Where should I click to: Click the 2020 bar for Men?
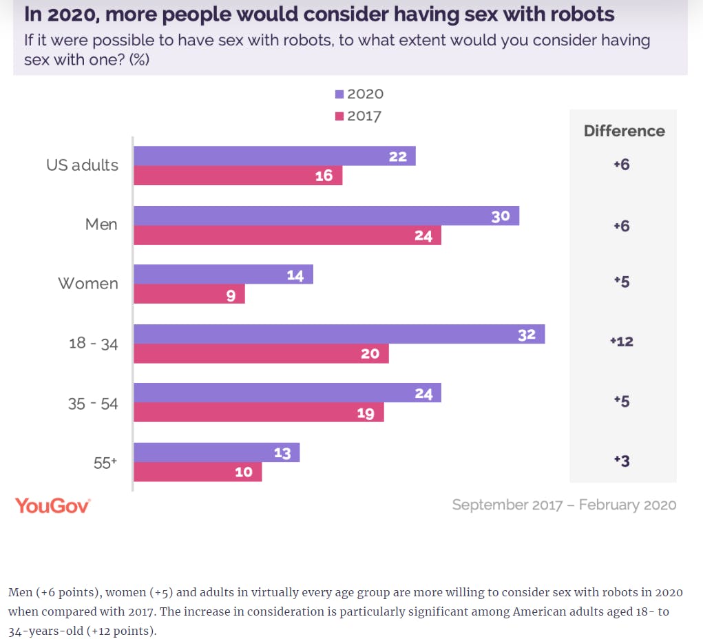click(x=326, y=216)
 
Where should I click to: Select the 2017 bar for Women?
click(x=189, y=295)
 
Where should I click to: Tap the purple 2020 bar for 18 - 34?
click(x=339, y=335)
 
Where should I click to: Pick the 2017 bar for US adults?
click(x=238, y=176)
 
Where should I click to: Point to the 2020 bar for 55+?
click(x=216, y=452)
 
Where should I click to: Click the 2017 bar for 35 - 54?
click(x=258, y=412)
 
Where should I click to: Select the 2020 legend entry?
click(x=359, y=94)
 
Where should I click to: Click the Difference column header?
click(x=624, y=131)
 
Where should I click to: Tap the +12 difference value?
click(x=622, y=342)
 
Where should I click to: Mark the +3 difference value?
click(x=622, y=461)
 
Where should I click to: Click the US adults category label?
click(x=82, y=165)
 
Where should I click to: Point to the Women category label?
click(x=87, y=284)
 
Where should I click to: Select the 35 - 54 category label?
click(x=93, y=404)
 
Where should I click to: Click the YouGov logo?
click(x=53, y=505)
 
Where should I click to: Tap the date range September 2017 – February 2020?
click(x=564, y=505)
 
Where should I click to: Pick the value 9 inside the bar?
click(x=231, y=295)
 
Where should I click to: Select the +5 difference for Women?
click(x=622, y=282)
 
